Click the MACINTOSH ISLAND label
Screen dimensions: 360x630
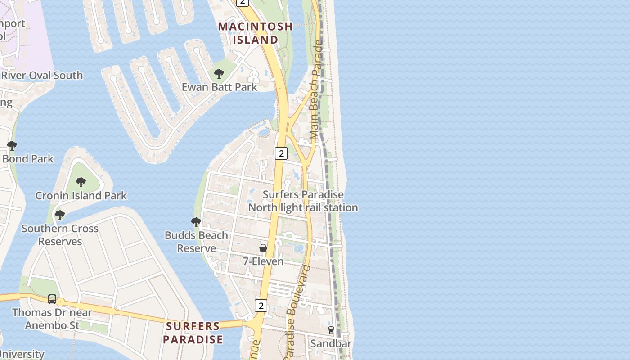tap(255, 33)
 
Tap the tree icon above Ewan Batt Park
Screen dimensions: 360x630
tap(219, 74)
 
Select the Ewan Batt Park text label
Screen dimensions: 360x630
tap(219, 87)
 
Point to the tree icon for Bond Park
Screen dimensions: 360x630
tap(12, 146)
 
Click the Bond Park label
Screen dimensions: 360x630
tap(28, 159)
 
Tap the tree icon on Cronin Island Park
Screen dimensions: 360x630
tap(81, 182)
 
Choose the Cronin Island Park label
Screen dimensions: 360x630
tap(81, 196)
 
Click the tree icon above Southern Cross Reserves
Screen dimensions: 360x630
tap(60, 215)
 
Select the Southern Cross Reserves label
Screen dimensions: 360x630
tap(60, 235)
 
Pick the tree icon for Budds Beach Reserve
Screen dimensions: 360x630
tap(196, 222)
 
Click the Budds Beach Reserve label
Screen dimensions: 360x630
tap(196, 242)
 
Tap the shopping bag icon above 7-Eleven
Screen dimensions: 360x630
tap(263, 248)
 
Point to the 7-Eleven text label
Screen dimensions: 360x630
tap(263, 261)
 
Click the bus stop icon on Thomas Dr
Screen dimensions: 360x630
tap(52, 299)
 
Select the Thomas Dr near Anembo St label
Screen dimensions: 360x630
tap(52, 319)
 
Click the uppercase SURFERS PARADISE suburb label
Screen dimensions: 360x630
tap(193, 333)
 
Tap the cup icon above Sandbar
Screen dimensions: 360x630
tap(331, 330)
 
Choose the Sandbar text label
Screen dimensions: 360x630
tap(331, 344)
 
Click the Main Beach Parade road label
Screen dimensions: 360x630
tap(317, 90)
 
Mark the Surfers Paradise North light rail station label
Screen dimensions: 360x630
tap(303, 201)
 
